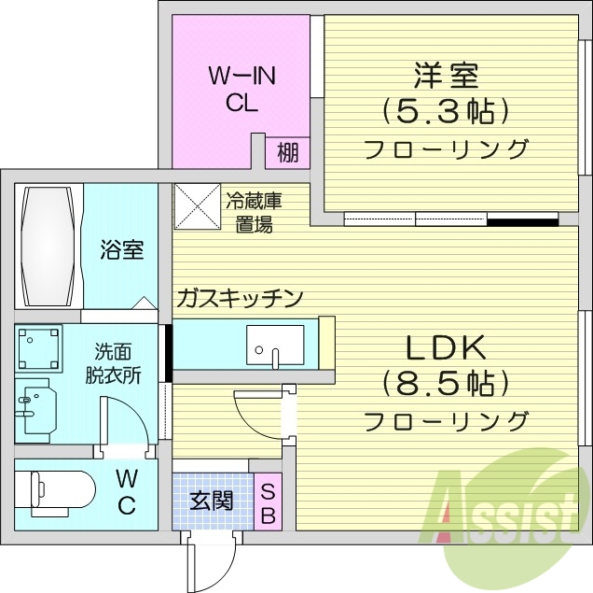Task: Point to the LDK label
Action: point(445,347)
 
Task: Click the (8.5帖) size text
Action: point(446,383)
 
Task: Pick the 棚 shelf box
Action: point(288,152)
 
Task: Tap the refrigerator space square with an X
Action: point(197,205)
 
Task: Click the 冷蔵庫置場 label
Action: point(253,212)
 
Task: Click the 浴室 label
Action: point(122,250)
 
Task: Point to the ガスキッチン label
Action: point(240,299)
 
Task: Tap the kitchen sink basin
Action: point(275,345)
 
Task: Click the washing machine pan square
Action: point(38,348)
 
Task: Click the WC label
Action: point(128,493)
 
